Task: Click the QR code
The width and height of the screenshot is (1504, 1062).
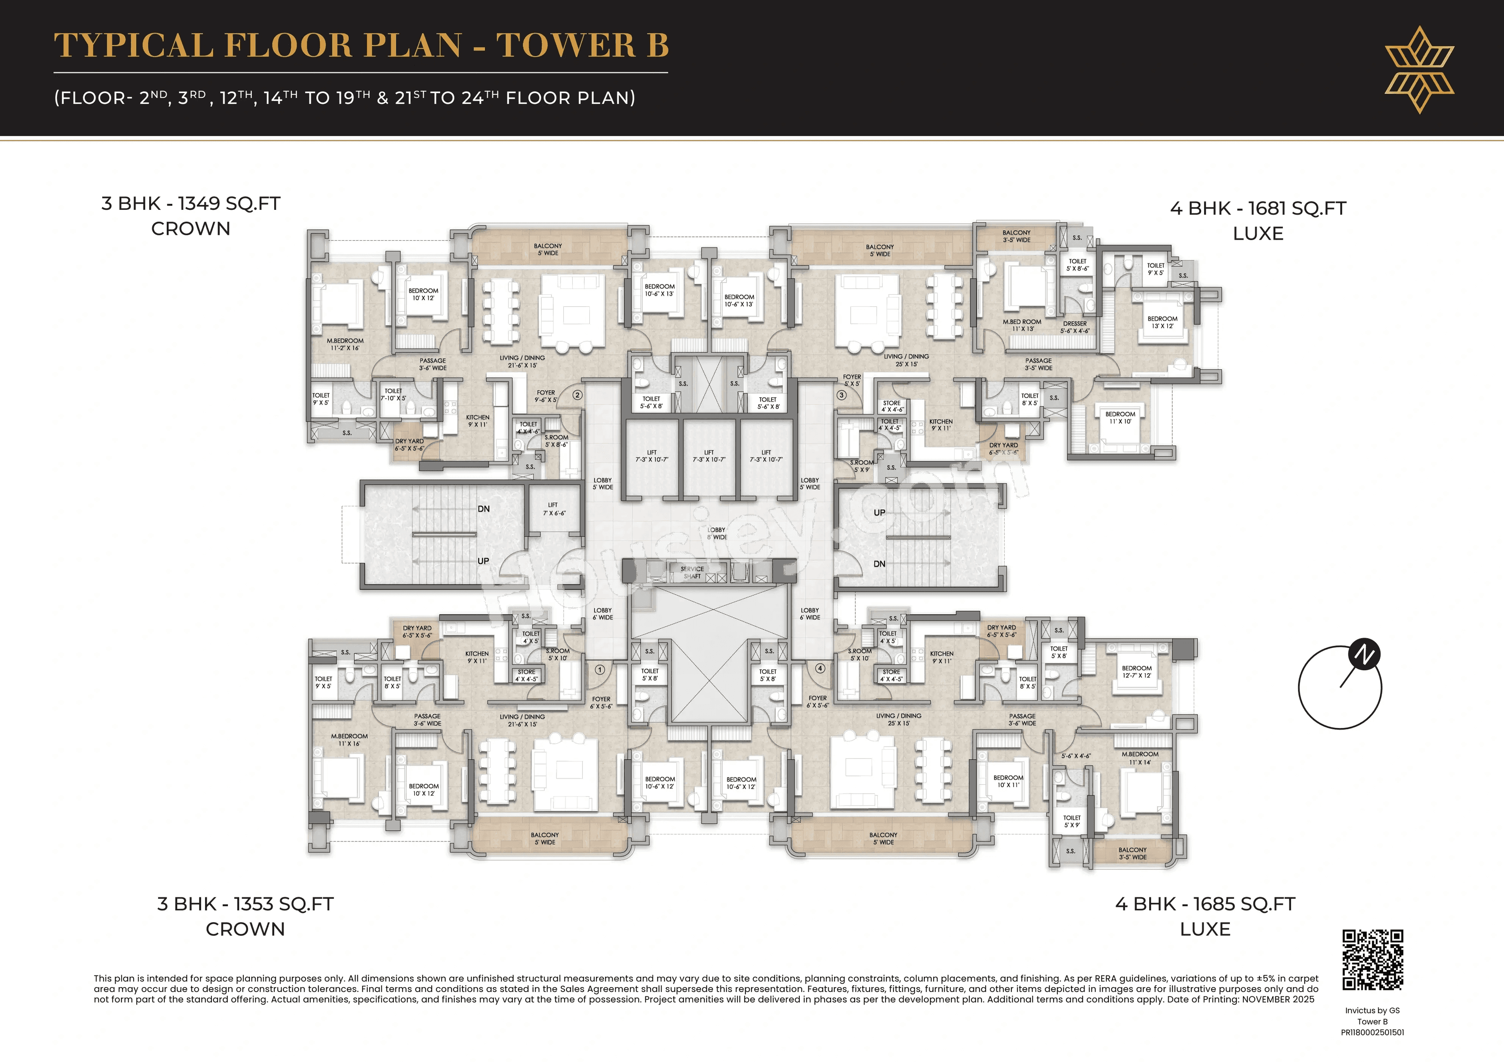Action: click(1372, 959)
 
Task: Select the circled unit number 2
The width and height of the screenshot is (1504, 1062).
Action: click(577, 395)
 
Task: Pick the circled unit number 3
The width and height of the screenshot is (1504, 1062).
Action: click(841, 395)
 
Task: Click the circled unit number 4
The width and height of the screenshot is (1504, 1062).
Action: click(819, 669)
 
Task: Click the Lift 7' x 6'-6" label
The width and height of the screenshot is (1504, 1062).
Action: click(553, 509)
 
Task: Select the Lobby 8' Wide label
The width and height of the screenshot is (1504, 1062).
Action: click(717, 533)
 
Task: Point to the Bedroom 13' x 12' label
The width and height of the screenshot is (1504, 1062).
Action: click(1162, 322)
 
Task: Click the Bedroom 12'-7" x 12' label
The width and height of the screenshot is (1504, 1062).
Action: click(1137, 672)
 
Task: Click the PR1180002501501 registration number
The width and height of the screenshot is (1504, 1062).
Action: click(1372, 1033)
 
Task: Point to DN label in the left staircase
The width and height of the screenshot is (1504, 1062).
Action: click(483, 509)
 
